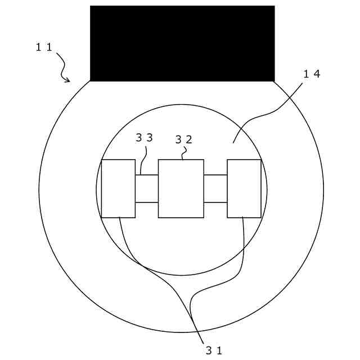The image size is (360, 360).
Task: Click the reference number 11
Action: coord(44,47)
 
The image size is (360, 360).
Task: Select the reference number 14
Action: coord(312,74)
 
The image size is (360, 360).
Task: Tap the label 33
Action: coord(144,137)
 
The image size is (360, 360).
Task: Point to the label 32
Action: coord(184,139)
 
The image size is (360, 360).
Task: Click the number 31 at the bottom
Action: coord(214,350)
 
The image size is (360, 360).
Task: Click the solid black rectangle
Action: coord(182,43)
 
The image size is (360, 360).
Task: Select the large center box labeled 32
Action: coord(181,188)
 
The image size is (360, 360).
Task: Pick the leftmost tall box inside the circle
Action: coord(118,188)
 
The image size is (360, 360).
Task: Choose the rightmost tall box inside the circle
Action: coord(244,188)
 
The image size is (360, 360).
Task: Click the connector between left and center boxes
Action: coord(147,188)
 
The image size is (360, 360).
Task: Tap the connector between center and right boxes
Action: coord(215,188)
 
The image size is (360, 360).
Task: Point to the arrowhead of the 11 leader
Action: coord(69,81)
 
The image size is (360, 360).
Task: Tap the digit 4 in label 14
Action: coord(317,74)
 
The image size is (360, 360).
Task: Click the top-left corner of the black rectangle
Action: coord(91,6)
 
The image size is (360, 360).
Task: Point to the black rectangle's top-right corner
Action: coord(274,6)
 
